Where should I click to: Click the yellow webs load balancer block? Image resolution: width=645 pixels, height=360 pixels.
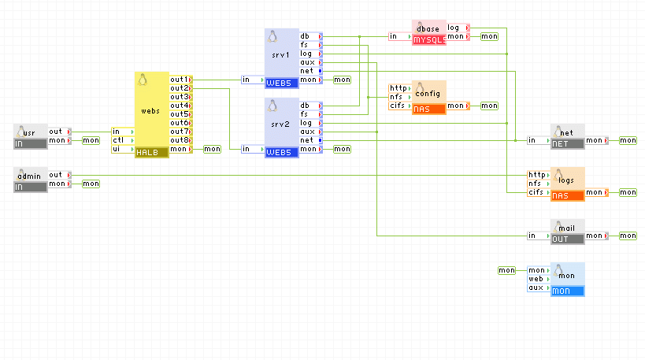point(152,110)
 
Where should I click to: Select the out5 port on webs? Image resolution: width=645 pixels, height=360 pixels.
point(180,114)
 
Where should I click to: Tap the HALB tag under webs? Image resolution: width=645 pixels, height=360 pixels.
point(151,152)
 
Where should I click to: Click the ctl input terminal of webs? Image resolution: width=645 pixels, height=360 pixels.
point(121,140)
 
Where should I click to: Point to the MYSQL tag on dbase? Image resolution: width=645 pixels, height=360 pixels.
point(429,39)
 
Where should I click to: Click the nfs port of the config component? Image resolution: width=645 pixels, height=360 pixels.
point(399,97)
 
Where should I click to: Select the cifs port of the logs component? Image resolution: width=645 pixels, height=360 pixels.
point(537,192)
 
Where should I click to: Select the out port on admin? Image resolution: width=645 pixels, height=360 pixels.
point(58,175)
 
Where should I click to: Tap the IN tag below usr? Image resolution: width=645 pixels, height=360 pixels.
point(31,144)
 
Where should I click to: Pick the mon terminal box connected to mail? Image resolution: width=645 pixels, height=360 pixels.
point(628,236)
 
